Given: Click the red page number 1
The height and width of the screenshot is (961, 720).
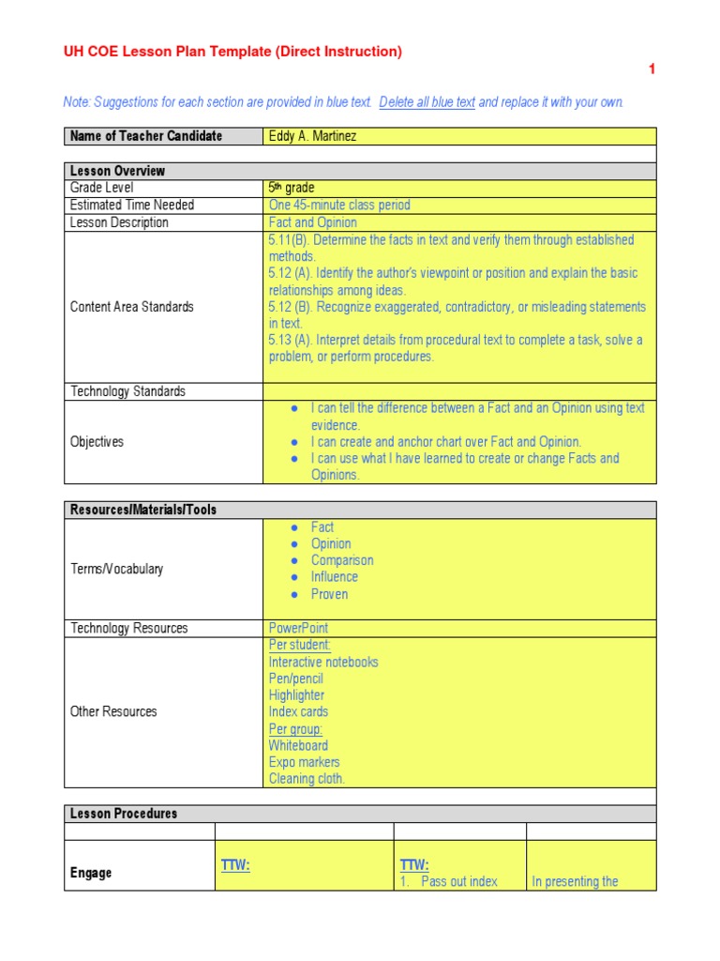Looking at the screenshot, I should (652, 69).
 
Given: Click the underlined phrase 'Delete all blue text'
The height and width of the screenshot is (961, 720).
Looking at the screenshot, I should (427, 102).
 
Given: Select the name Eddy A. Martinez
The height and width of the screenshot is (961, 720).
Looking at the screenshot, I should (312, 136).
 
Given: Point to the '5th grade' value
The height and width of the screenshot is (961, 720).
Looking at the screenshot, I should (292, 188).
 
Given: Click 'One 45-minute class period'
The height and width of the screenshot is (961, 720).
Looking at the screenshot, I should (339, 205).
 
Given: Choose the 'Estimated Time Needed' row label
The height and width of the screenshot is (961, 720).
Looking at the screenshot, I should (132, 205).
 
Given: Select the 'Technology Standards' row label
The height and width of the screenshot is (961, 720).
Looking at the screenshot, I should (127, 391).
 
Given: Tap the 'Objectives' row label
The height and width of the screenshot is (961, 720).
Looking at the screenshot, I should (97, 441).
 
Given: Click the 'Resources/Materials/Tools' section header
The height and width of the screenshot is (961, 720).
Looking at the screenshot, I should (142, 510).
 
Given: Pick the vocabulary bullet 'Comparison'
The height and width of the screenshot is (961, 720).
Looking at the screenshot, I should (342, 560).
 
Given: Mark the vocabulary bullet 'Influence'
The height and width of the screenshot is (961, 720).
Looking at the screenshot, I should (335, 577).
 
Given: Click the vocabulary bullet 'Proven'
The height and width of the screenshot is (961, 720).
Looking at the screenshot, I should (329, 594).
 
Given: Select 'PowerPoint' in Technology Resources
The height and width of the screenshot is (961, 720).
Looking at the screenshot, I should (298, 628).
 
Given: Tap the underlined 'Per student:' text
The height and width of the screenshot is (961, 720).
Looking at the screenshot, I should (300, 645).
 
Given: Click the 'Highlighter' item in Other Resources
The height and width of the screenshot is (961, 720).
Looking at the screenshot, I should (296, 695).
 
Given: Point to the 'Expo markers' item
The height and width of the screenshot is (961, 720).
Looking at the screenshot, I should (304, 762).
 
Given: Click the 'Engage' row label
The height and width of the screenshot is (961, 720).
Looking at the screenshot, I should (91, 873).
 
